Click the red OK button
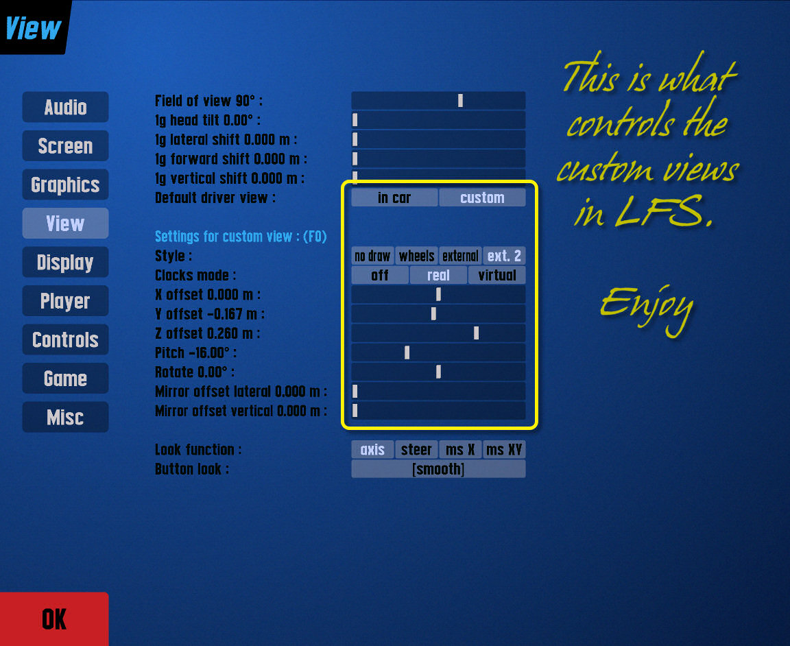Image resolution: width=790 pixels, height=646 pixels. (54, 619)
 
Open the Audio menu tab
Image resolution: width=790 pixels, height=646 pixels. (65, 108)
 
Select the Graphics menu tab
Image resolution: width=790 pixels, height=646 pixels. (65, 185)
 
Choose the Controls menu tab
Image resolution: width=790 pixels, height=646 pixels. (65, 340)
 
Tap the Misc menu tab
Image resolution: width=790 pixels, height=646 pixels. (65, 418)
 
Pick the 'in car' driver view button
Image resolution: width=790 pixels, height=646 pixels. (394, 198)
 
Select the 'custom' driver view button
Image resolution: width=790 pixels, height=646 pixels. (482, 198)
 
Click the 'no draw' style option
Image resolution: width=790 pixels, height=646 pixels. (372, 256)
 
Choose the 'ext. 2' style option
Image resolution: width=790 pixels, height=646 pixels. (504, 256)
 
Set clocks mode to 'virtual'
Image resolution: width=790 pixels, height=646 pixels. (497, 276)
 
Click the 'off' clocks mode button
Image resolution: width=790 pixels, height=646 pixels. (380, 276)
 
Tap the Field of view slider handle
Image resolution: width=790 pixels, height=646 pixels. (460, 101)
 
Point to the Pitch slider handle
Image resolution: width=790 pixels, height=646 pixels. (407, 353)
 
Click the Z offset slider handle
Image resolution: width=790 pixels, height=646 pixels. (476, 334)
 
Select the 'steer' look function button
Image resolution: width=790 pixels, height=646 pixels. (416, 450)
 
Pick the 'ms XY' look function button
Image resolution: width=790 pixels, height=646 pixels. (504, 450)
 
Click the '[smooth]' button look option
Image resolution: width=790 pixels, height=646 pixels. (438, 469)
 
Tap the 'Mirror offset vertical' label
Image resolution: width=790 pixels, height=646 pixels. (241, 411)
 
